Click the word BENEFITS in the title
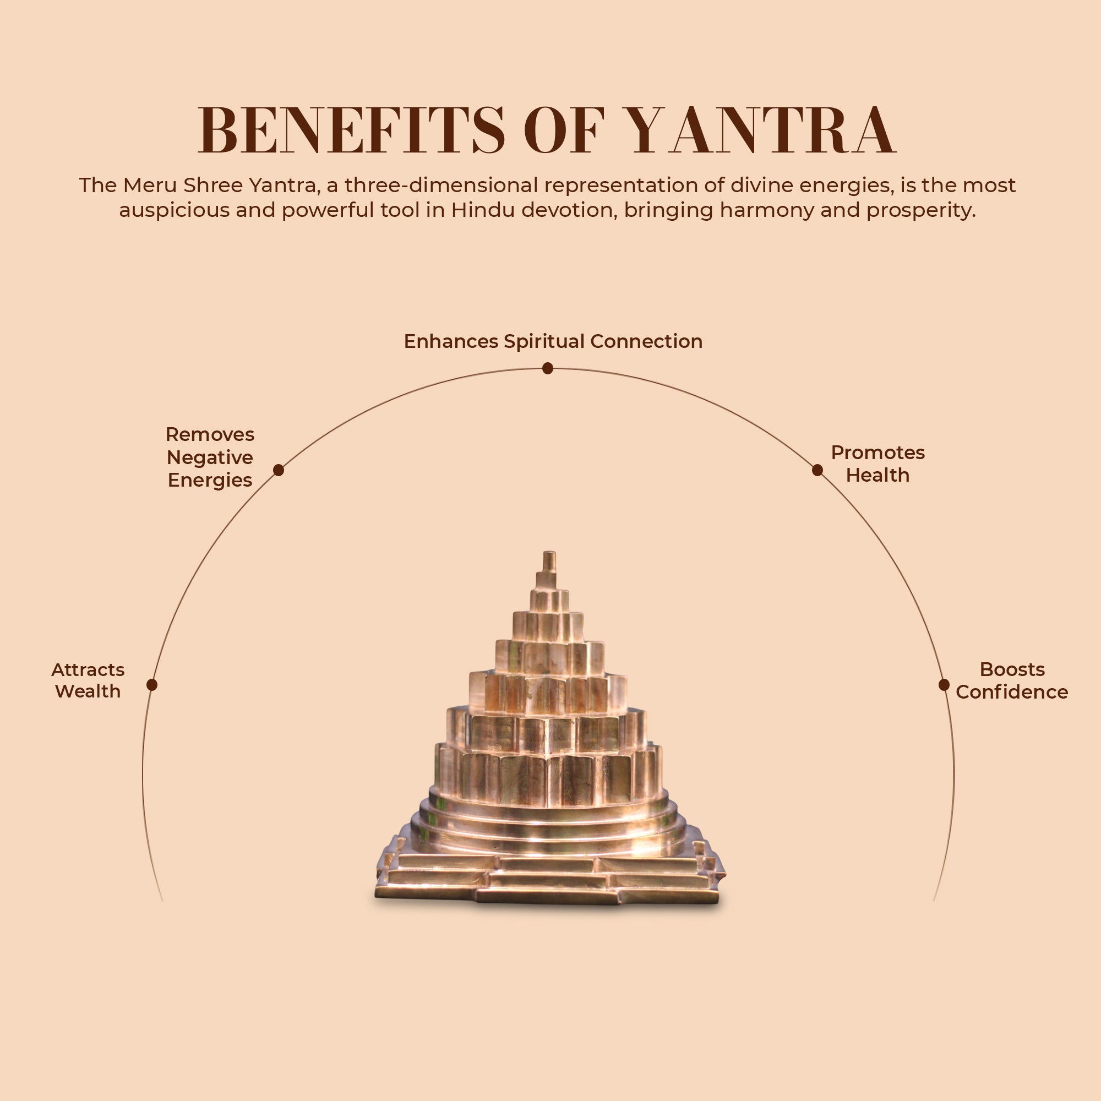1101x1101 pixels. (351, 130)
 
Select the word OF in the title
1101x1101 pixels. (564, 130)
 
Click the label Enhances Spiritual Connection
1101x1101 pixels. (553, 341)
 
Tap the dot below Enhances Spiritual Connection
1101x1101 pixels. (548, 369)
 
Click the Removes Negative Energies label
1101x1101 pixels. (210, 457)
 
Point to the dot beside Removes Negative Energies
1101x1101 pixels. (278, 470)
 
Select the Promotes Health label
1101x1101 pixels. (877, 464)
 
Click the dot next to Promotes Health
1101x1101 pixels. (817, 470)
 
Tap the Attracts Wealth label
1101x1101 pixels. (88, 680)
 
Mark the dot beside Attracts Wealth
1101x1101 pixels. (151, 684)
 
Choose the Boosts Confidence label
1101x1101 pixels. (1011, 680)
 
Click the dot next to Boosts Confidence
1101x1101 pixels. (944, 684)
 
